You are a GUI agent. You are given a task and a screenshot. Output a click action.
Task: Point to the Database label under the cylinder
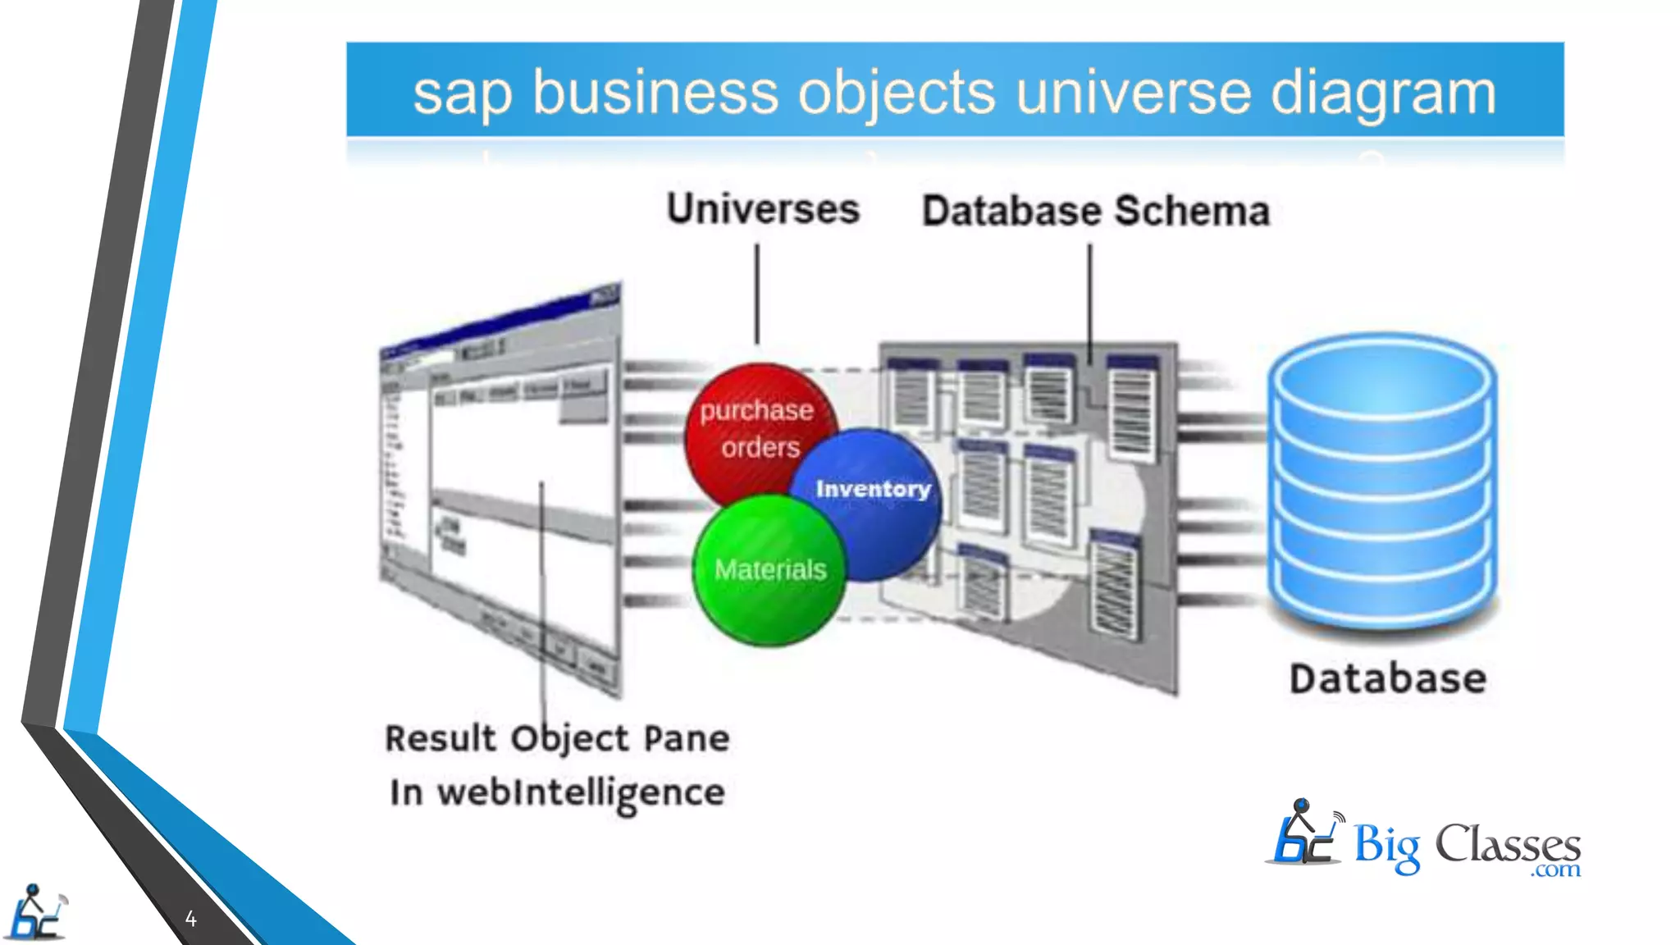(1387, 678)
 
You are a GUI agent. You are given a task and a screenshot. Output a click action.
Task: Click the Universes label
(763, 209)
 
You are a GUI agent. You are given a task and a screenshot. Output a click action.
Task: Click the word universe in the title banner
(1133, 92)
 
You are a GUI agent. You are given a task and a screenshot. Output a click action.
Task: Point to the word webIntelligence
(581, 792)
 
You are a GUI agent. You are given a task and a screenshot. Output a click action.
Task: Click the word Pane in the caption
(687, 738)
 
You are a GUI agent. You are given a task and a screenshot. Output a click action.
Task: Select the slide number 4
(190, 919)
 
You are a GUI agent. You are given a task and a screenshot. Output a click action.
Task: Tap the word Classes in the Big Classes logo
(1507, 845)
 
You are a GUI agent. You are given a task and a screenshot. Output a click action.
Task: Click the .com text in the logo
(1555, 870)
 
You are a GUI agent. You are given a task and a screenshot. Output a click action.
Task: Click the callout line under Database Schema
(1090, 304)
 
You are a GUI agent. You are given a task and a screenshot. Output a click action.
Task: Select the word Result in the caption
(441, 738)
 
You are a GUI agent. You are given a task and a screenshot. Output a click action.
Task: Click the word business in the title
(655, 92)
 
